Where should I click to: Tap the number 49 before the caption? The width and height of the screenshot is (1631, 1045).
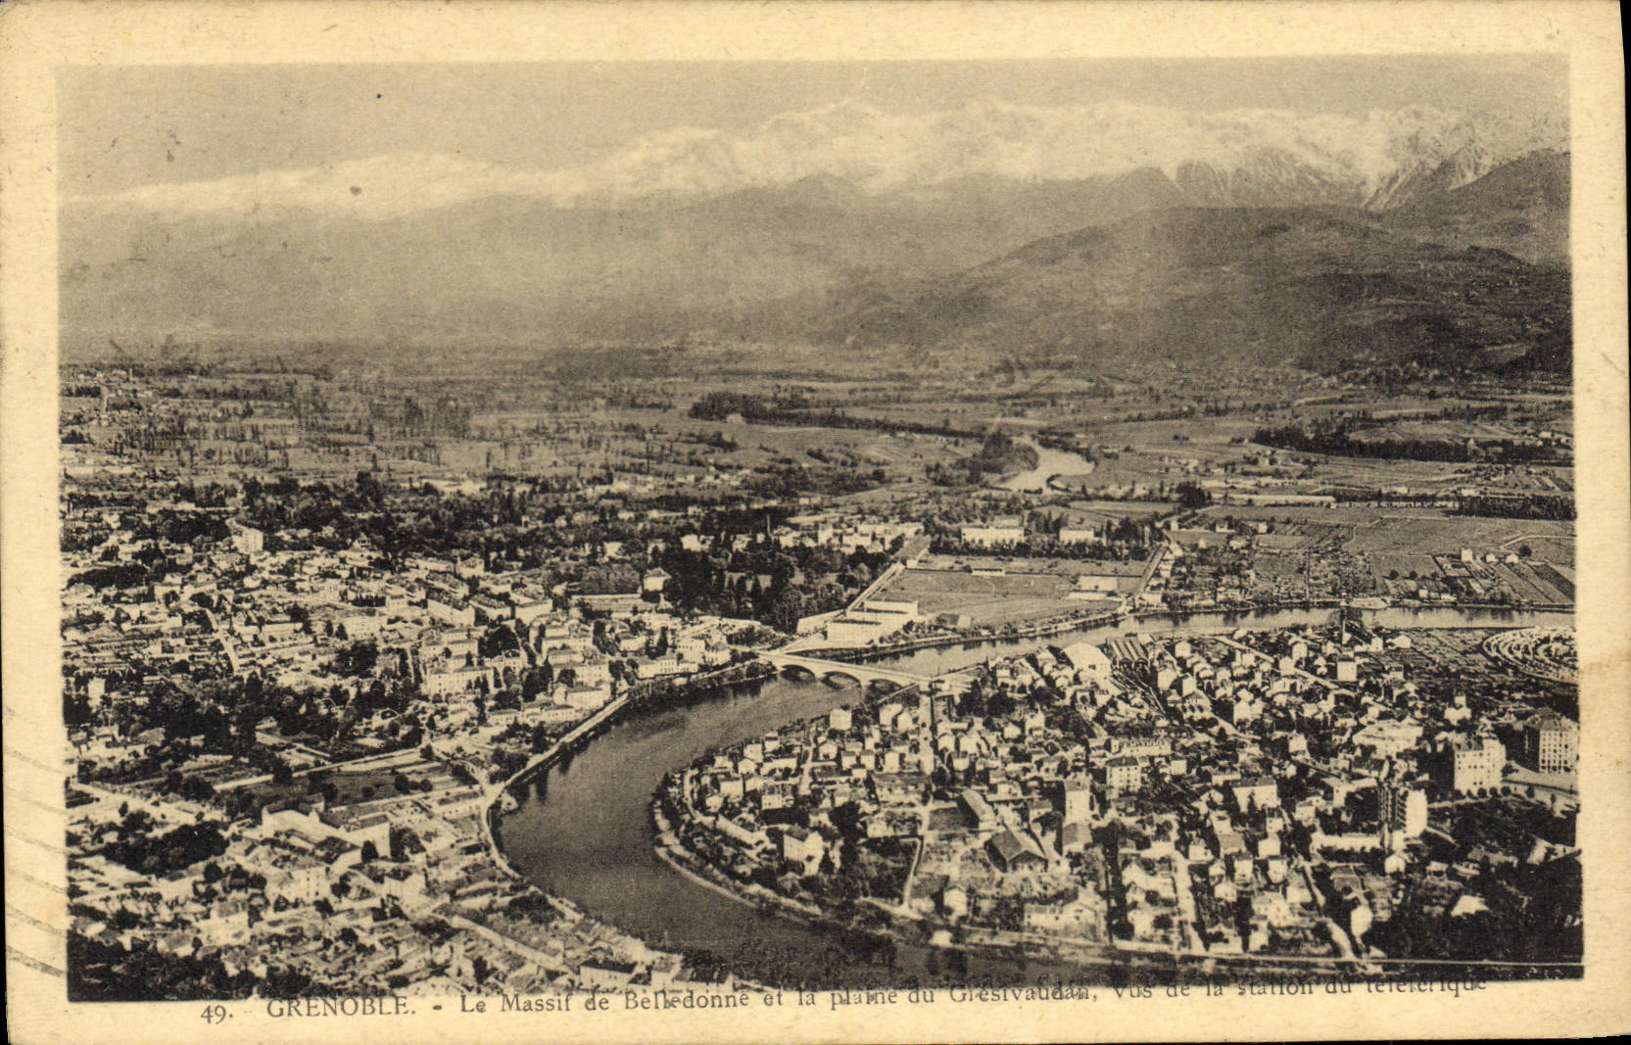click(215, 1014)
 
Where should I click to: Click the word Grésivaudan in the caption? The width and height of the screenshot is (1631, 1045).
click(1019, 992)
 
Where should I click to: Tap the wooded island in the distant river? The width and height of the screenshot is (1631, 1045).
click(999, 455)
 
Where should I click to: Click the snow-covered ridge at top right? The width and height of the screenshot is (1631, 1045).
click(1450, 157)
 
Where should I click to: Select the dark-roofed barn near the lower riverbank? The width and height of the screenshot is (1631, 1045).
click(1014, 847)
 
